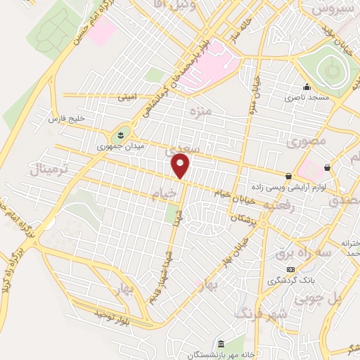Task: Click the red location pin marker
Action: (181, 166)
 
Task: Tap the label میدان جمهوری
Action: (114, 148)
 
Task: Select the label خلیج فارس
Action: (66, 120)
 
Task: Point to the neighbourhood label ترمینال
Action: (48, 169)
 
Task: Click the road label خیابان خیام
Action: (214, 191)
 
